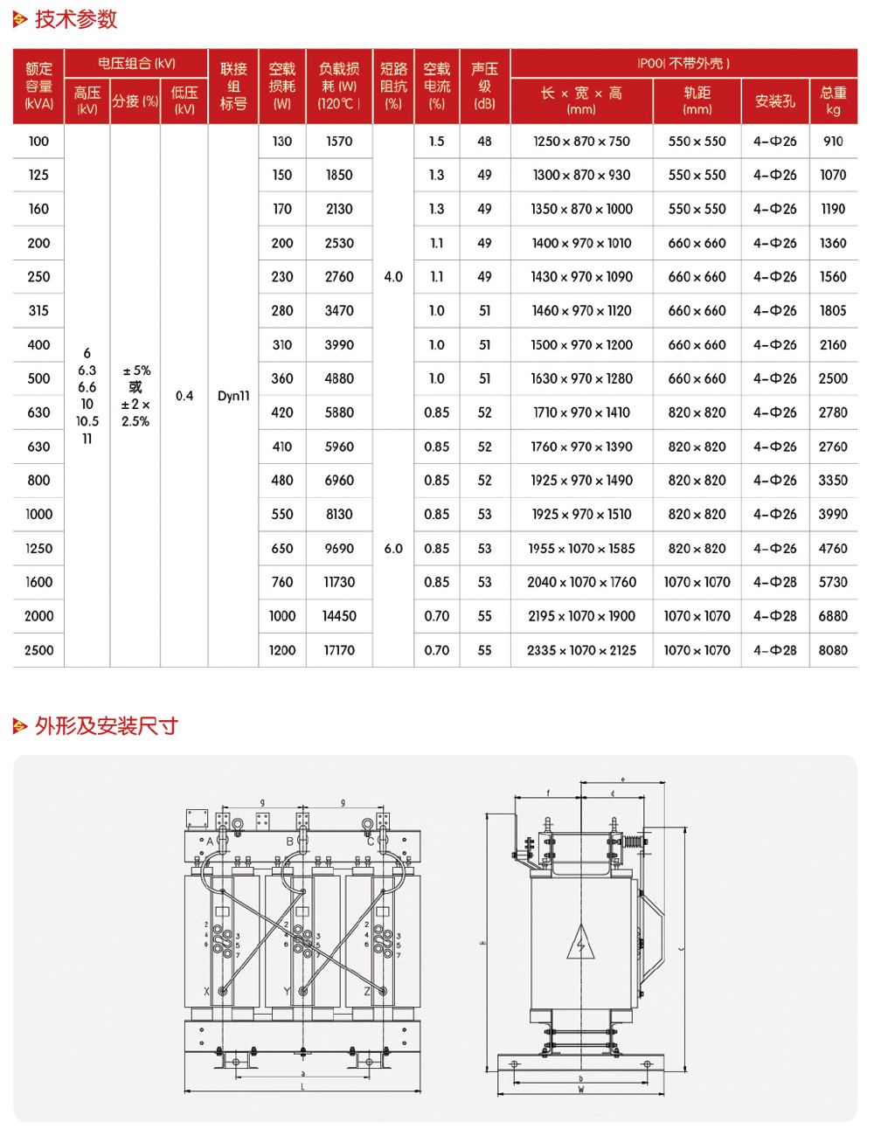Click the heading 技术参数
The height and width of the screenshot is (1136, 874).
(75, 19)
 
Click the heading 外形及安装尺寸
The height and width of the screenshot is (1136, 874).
(106, 726)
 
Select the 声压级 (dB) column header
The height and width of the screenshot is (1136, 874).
(484, 86)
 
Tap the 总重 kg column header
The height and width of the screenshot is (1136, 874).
(833, 100)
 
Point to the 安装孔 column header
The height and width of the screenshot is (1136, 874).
(775, 101)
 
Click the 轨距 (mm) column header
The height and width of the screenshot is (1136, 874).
(697, 100)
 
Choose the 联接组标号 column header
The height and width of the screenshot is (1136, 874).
(233, 86)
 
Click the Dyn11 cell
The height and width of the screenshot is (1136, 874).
(233, 396)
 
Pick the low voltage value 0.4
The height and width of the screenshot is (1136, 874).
(184, 396)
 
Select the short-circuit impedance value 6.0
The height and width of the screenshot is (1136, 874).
(393, 549)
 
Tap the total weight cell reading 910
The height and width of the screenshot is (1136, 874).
(833, 142)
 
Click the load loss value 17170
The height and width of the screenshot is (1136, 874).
(339, 650)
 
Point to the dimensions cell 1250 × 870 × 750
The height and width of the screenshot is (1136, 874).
(581, 142)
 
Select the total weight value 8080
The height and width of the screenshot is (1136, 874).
(833, 650)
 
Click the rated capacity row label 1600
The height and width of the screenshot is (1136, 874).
(38, 582)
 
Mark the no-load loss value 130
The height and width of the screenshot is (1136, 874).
(281, 142)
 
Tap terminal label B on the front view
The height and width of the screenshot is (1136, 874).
(290, 842)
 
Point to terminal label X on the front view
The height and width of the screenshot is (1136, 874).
(206, 992)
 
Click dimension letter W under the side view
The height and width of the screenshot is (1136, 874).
(581, 1090)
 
